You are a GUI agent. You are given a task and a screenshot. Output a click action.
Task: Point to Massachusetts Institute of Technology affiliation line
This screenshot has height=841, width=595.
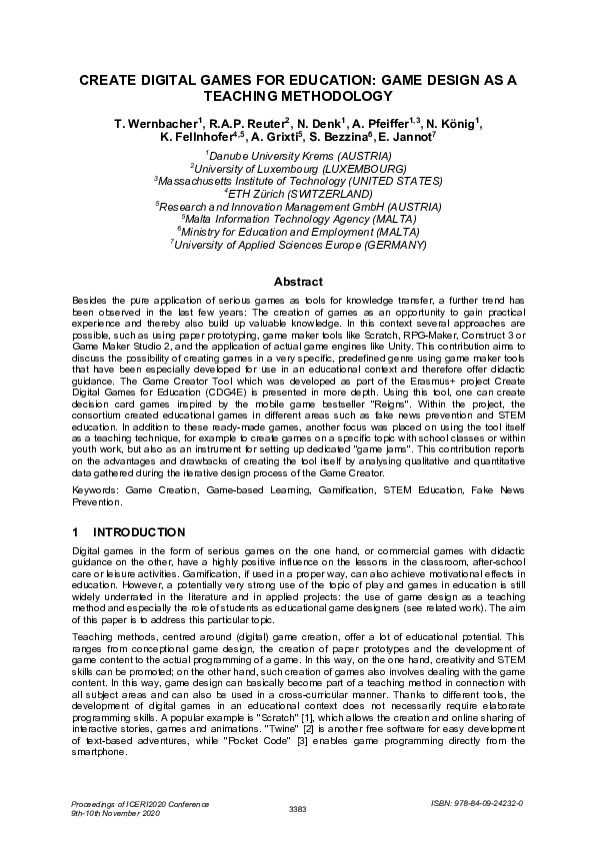coord(298,181)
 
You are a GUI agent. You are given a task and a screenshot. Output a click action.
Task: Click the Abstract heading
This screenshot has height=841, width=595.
coord(297,283)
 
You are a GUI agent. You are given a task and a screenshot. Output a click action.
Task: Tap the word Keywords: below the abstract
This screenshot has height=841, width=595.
coord(98,493)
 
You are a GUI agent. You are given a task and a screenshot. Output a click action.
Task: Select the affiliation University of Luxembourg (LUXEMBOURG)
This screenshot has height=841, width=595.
coord(298,169)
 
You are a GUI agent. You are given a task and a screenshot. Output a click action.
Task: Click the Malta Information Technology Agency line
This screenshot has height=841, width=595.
coord(298,217)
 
